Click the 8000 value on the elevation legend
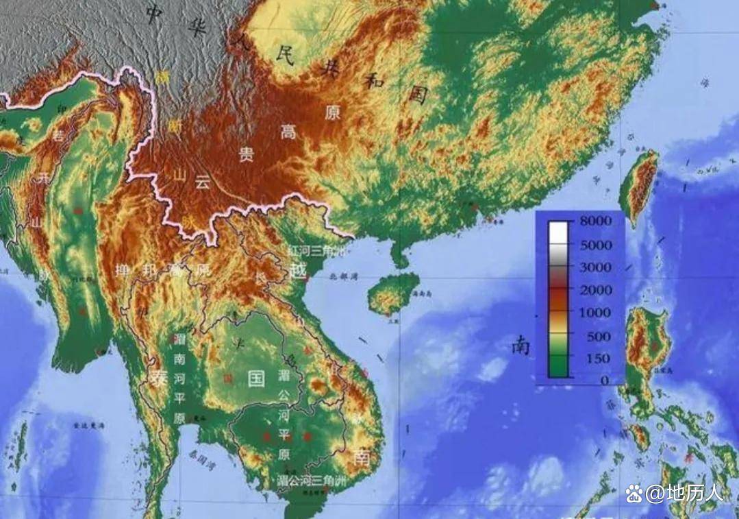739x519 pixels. (594, 221)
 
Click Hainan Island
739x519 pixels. (392, 293)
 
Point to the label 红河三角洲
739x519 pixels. (316, 250)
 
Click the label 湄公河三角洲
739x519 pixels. (312, 481)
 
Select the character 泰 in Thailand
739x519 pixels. (160, 378)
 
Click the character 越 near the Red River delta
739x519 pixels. (298, 270)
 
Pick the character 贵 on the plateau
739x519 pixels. (245, 154)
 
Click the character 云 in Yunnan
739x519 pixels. (201, 182)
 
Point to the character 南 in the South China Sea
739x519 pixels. (521, 346)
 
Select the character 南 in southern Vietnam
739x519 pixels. (361, 457)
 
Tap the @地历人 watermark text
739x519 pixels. (675, 492)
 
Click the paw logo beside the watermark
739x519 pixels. (634, 492)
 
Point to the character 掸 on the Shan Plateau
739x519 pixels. (125, 270)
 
